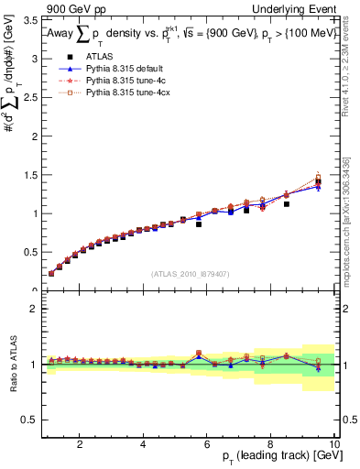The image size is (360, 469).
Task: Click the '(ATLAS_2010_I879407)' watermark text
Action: [190, 273]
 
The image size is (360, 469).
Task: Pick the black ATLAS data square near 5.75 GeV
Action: [199, 224]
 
